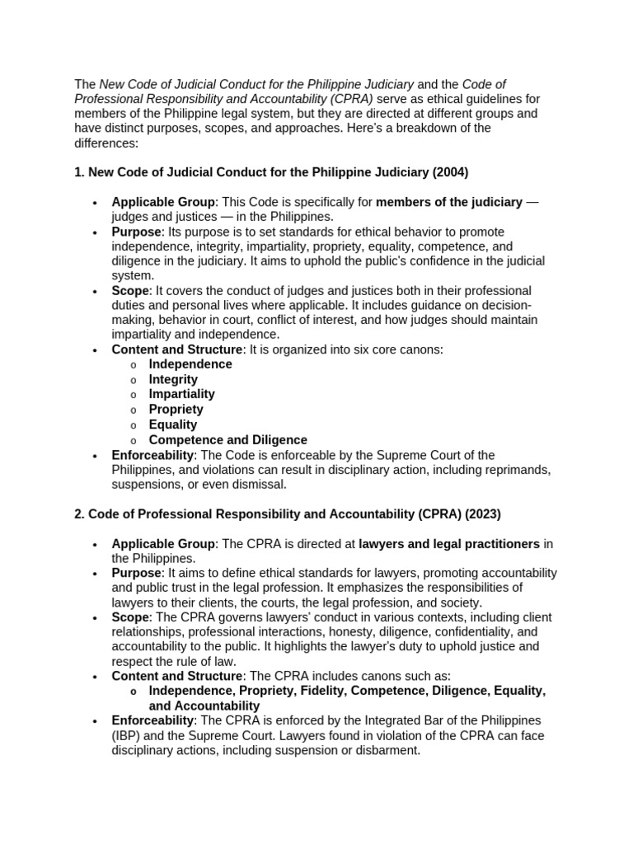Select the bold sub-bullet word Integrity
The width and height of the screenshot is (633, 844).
click(173, 380)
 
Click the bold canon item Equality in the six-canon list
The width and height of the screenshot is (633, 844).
click(172, 424)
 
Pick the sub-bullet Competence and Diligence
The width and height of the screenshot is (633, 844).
click(227, 440)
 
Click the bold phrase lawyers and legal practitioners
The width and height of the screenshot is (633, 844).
click(449, 544)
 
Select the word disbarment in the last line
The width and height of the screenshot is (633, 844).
click(387, 751)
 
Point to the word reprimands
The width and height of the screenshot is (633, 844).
click(517, 470)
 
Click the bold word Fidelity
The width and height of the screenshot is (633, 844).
click(326, 691)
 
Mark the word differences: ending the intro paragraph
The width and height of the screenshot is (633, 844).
click(106, 143)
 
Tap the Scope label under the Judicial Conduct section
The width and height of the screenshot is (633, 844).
click(130, 291)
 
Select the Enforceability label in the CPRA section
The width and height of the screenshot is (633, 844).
click(152, 721)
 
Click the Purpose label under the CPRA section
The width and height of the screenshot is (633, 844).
click(136, 573)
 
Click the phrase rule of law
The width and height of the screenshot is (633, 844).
click(195, 662)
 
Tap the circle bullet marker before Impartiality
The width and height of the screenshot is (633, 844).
click(134, 396)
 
